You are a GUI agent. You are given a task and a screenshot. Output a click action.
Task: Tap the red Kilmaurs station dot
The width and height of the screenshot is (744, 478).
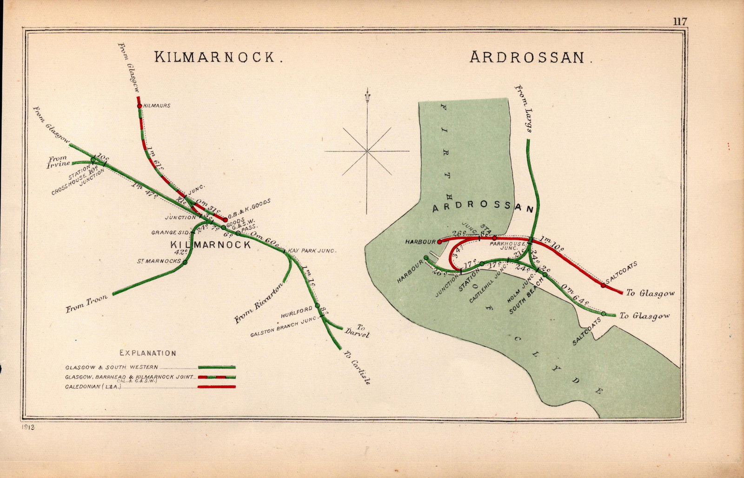pyautogui.click(x=139, y=106)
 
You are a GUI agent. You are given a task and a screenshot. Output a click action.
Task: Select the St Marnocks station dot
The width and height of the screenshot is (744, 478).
pyautogui.click(x=185, y=263)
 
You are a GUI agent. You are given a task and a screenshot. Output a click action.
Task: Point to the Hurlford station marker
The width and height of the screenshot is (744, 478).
pyautogui.click(x=318, y=306)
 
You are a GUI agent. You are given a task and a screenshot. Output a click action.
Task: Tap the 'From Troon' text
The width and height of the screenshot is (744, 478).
pyautogui.click(x=86, y=303)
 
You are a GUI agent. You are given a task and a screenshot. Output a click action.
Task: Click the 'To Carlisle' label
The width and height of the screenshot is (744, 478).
pyautogui.click(x=357, y=368)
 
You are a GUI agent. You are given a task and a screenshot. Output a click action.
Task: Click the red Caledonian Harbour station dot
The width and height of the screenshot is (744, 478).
pyautogui.click(x=439, y=242)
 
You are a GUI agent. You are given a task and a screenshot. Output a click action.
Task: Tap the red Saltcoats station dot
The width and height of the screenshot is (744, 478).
pyautogui.click(x=603, y=285)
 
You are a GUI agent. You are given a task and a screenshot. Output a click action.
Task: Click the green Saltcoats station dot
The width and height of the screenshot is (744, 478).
pyautogui.click(x=603, y=314)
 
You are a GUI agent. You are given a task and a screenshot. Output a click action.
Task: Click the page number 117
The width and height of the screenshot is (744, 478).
pyautogui.click(x=679, y=21)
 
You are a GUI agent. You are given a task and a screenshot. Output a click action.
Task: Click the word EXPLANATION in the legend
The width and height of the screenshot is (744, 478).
pyautogui.click(x=148, y=353)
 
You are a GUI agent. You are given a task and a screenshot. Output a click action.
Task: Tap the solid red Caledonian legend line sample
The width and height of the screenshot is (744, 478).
pyautogui.click(x=217, y=387)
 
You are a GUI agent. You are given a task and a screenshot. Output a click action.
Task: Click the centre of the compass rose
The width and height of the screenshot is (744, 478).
pyautogui.click(x=367, y=151)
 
